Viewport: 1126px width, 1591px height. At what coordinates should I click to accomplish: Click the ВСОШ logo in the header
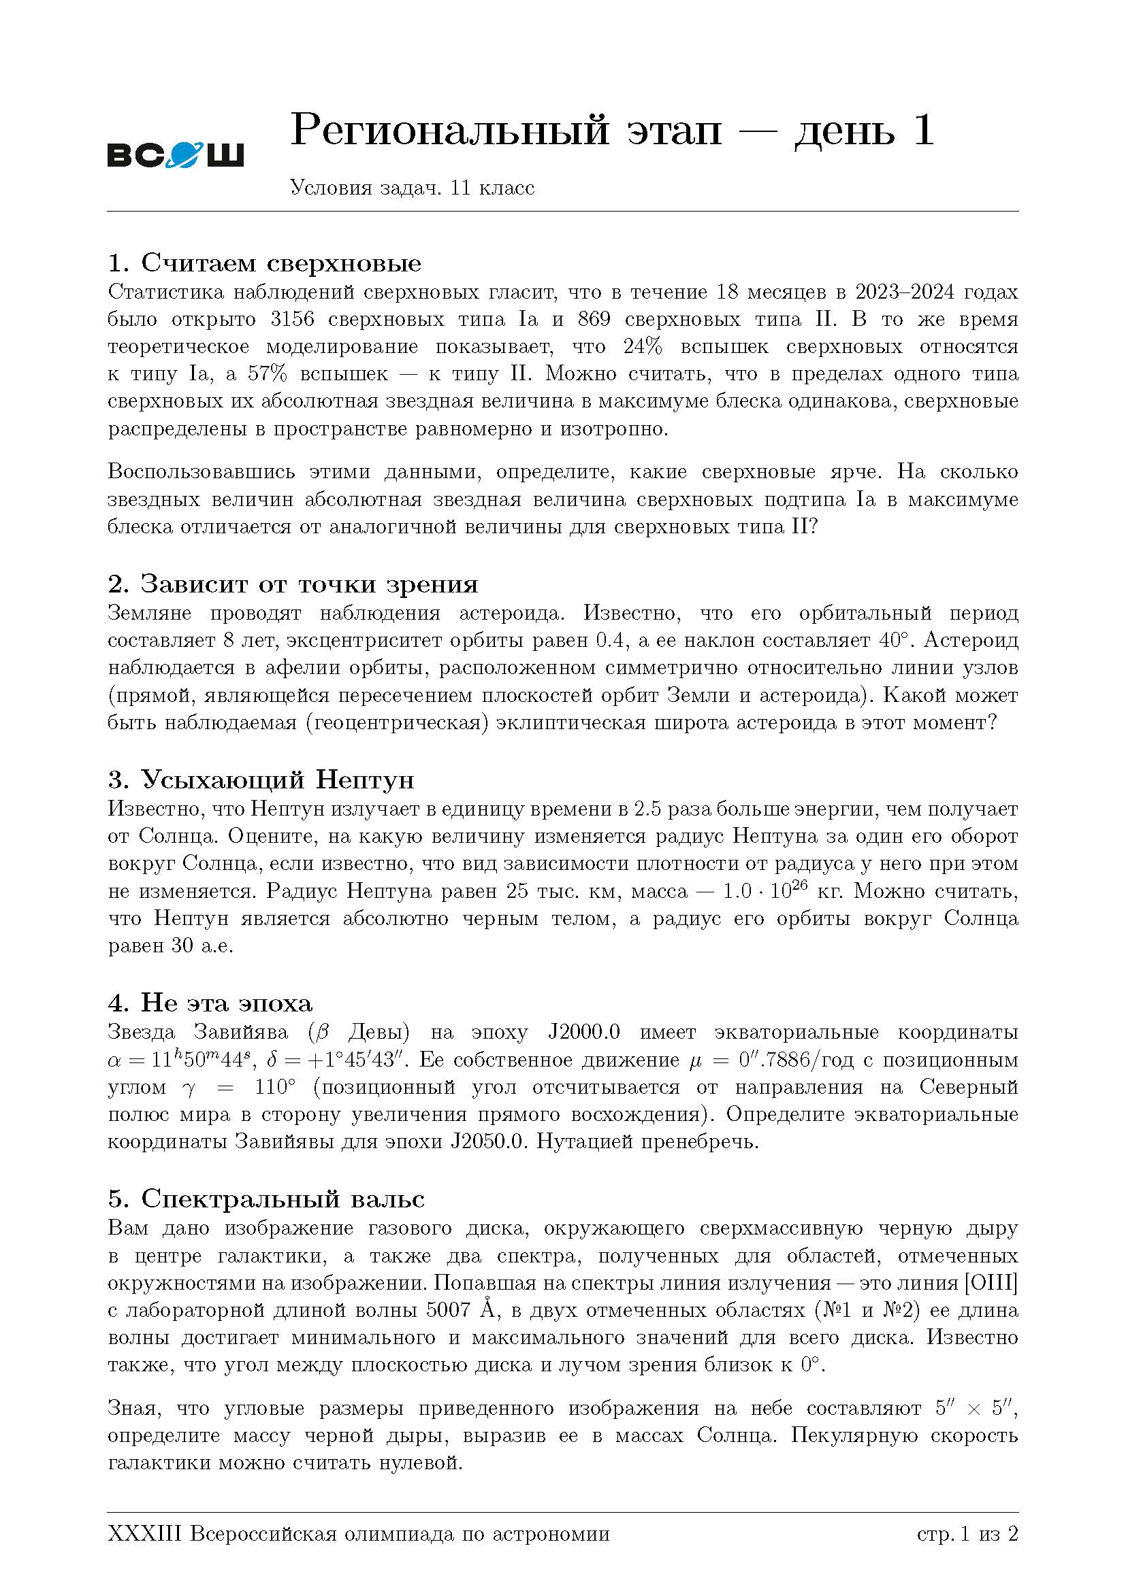(x=176, y=154)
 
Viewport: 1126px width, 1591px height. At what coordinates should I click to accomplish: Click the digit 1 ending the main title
(x=923, y=131)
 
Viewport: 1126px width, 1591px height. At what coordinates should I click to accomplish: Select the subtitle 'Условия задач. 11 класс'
(x=412, y=188)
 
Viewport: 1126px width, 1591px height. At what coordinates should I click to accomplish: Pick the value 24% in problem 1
(x=642, y=346)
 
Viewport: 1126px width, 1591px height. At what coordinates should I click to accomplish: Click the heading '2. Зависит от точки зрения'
(x=293, y=584)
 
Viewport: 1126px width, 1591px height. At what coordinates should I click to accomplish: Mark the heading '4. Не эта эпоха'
(x=210, y=1003)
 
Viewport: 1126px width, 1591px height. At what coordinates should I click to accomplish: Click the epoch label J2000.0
(x=583, y=1032)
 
